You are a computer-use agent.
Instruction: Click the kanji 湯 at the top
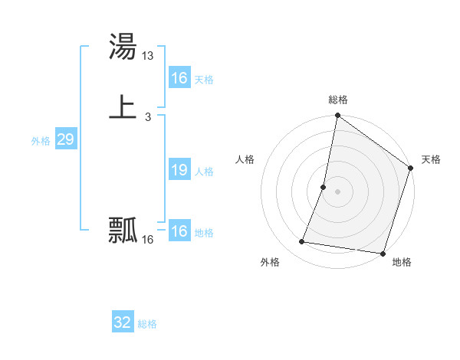pyautogui.click(x=123, y=47)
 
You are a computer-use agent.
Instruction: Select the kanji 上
pyautogui.click(x=123, y=108)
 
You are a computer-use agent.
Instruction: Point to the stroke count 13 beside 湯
pyautogui.click(x=149, y=55)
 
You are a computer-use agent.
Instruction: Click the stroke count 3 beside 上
pyautogui.click(x=147, y=117)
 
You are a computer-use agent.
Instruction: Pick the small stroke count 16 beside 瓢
pyautogui.click(x=148, y=240)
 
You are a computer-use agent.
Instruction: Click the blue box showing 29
pyautogui.click(x=65, y=139)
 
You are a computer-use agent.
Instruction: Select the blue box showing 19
pyautogui.click(x=179, y=170)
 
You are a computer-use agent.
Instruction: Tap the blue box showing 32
pyautogui.click(x=122, y=322)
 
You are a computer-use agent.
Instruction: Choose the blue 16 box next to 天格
pyautogui.click(x=179, y=78)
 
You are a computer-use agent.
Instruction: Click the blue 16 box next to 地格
pyautogui.click(x=179, y=231)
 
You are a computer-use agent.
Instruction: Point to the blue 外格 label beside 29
pyautogui.click(x=41, y=141)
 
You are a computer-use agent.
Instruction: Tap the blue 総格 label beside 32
pyautogui.click(x=147, y=324)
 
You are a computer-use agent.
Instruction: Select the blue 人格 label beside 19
pyautogui.click(x=204, y=172)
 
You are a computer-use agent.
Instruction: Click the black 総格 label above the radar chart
pyautogui.click(x=338, y=100)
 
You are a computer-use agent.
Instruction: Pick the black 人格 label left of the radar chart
pyautogui.click(x=245, y=159)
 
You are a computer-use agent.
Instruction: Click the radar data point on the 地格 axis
pyautogui.click(x=383, y=254)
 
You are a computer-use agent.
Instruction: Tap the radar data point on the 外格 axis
pyautogui.click(x=302, y=242)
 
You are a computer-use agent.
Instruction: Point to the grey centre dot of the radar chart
pyautogui.click(x=338, y=192)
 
